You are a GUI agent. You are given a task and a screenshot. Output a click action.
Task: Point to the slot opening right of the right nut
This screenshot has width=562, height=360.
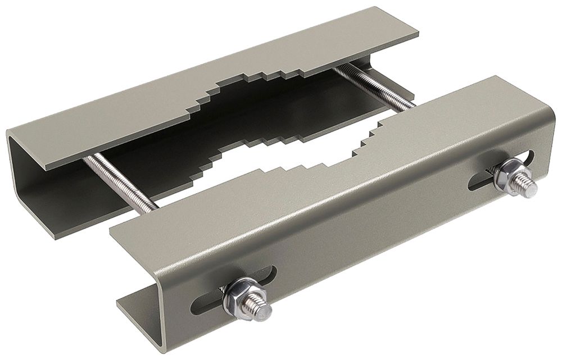click(531, 152)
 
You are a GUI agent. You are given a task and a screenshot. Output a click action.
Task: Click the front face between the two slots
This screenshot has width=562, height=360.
click(365, 225)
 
